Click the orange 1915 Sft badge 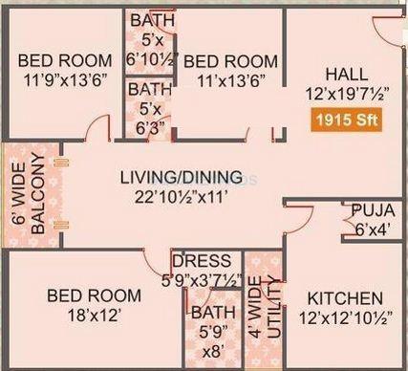[x=341, y=121]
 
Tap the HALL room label [x=344, y=75]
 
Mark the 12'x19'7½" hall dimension [x=344, y=94]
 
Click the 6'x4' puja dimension [x=368, y=229]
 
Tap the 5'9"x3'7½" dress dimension [x=202, y=280]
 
